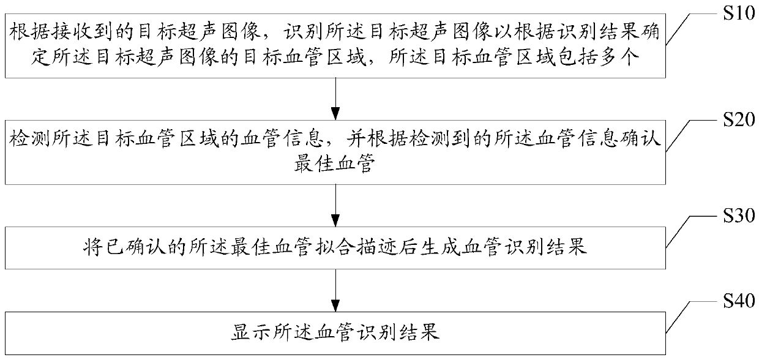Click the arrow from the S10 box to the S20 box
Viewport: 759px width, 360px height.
335,98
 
